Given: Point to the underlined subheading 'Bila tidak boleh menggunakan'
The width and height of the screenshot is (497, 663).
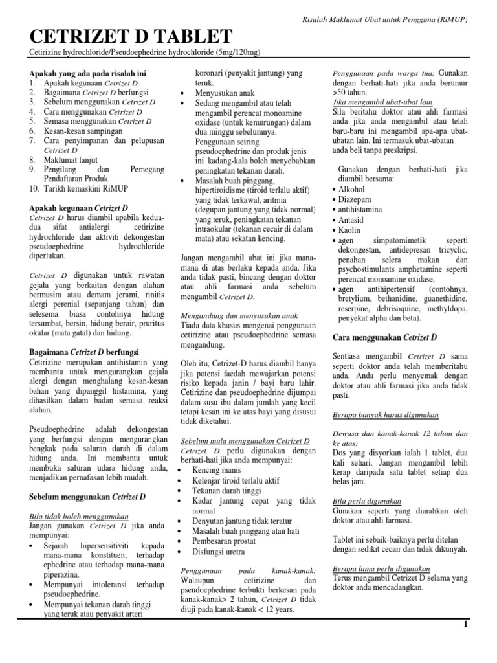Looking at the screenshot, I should pyautogui.click(x=78, y=516).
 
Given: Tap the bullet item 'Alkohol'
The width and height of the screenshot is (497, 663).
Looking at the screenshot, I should pyautogui.click(x=351, y=189).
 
